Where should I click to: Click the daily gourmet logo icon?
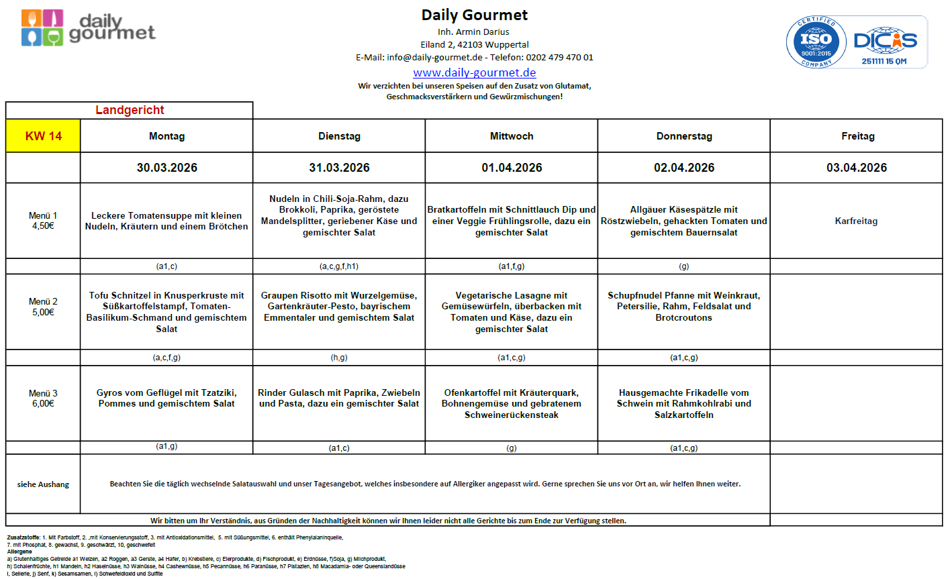pos(42,28)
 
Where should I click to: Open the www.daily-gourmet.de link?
pos(474,72)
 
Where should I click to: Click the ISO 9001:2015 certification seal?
pos(816,42)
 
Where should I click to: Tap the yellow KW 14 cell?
pos(43,136)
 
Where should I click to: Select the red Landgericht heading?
pos(130,110)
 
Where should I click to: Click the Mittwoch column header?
pos(512,136)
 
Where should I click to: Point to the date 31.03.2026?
pos(339,168)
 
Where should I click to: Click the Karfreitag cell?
pos(856,221)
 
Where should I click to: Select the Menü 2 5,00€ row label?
pos(43,307)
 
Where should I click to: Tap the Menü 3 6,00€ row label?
pos(43,398)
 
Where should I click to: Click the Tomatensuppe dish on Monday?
pos(167,221)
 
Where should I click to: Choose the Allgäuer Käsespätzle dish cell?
pos(683,221)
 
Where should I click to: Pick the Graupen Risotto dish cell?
pos(339,307)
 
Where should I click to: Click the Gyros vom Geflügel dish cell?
pos(167,398)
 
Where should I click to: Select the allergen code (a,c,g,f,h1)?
pos(339,266)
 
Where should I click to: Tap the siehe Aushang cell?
pos(43,484)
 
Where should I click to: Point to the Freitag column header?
pos(857,136)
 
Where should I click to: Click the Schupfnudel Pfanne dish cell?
pos(683,307)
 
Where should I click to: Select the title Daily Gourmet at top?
pos(474,15)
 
